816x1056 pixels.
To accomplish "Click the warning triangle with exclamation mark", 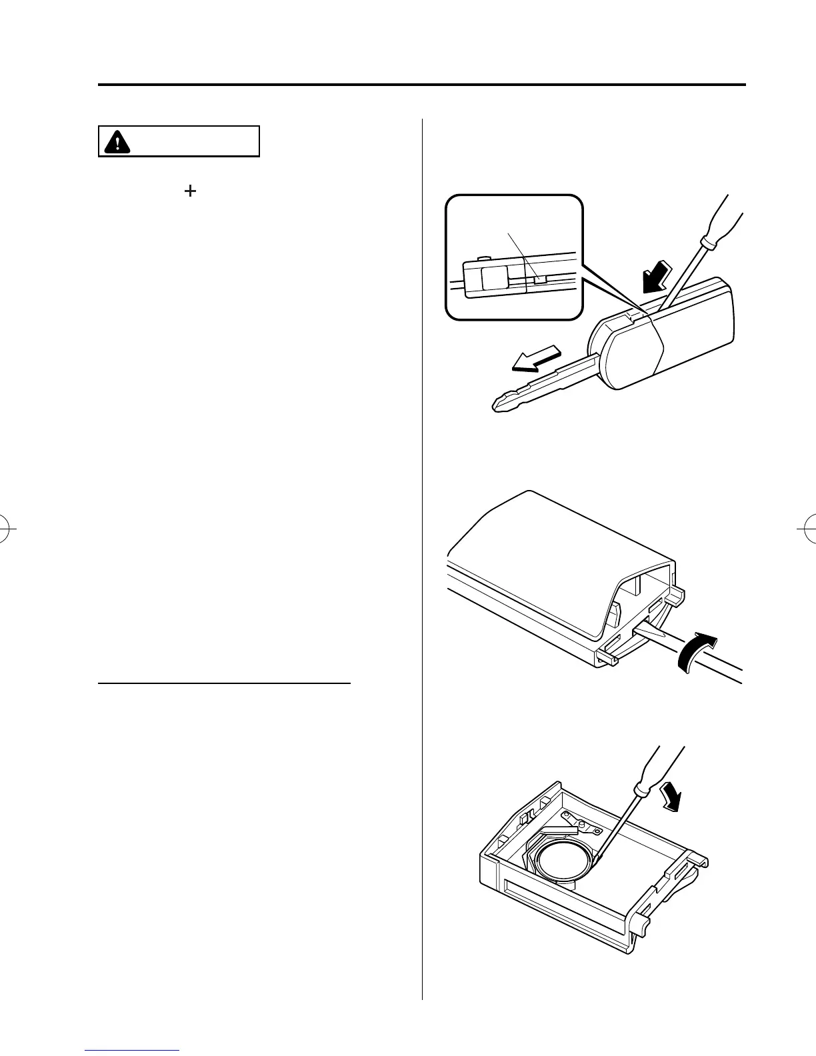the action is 117,142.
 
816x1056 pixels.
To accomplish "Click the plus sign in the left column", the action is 191,191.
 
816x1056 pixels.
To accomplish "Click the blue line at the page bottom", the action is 133,1051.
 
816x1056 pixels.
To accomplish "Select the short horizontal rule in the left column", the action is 224,683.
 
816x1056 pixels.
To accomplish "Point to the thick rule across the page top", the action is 421,85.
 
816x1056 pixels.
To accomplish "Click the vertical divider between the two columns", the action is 423,533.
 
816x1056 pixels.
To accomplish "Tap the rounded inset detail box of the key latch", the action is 513,257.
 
